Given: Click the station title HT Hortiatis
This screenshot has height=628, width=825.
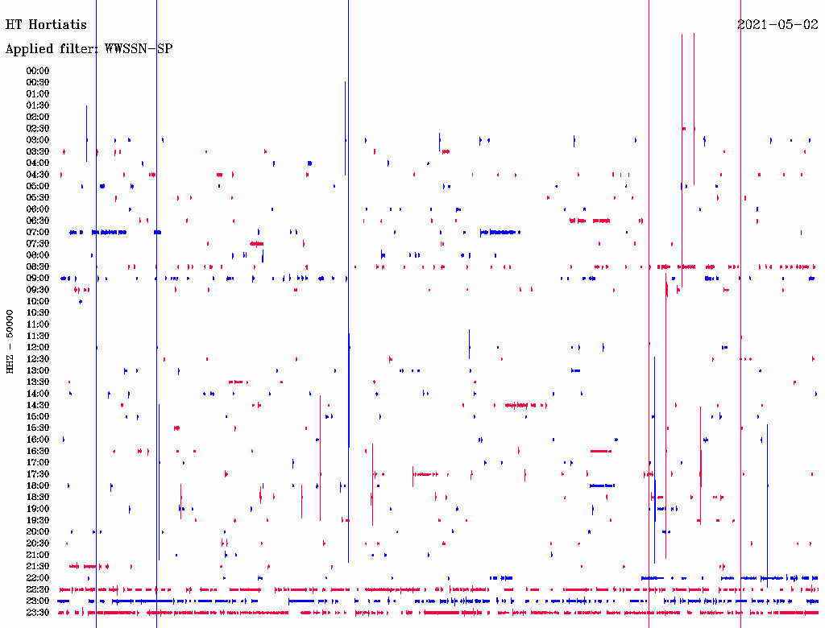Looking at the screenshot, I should coord(46,25).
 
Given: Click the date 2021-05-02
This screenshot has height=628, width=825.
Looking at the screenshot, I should coord(777,25).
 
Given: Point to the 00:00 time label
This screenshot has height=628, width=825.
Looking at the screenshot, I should coord(38,71).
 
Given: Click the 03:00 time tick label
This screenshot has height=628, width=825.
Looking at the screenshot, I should coord(38,140).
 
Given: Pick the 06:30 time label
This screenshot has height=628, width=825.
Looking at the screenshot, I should coord(38,221).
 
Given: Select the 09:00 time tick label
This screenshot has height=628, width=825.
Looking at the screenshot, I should coord(38,279).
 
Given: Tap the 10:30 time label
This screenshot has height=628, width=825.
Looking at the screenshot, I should coord(38,313).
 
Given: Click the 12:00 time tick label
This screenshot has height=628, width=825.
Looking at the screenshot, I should coord(38,348).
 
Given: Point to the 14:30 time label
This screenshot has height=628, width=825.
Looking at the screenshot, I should coord(38,405).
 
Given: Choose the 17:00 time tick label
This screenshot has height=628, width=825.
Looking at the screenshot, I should coord(38,463).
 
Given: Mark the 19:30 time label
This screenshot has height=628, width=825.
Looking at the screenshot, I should coord(38,520).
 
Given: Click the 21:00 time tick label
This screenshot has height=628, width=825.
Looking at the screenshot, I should coord(38,555).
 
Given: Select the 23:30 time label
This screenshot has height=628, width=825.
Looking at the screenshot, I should coord(38,613).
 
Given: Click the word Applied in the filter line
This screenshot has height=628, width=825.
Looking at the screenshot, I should coord(28,49).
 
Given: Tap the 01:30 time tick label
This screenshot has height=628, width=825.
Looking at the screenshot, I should coord(38,105).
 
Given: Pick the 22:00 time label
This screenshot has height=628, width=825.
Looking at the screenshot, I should coord(38,578).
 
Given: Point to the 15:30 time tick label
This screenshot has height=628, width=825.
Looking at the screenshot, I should coord(38,428).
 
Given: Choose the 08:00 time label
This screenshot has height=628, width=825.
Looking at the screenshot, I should coord(38,255).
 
